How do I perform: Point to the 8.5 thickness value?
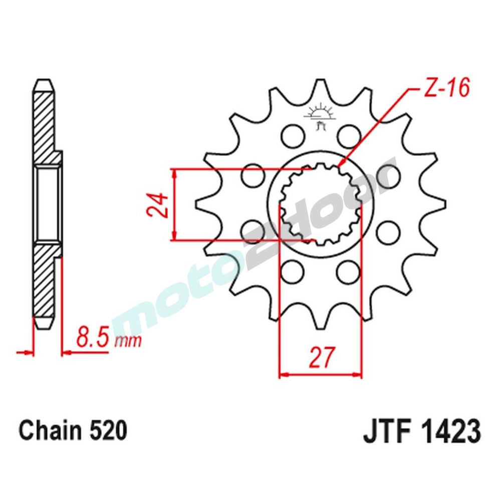pos(94,338)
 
